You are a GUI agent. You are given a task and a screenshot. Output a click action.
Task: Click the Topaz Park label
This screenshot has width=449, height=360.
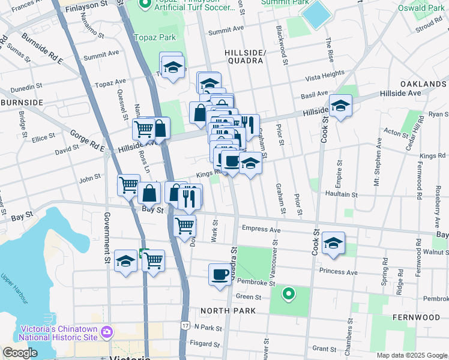click(x=155, y=37)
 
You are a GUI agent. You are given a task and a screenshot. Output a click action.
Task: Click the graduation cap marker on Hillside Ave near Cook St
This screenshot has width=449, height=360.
click(x=340, y=106)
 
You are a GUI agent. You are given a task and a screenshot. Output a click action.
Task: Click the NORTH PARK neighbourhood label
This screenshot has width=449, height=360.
click(x=228, y=311)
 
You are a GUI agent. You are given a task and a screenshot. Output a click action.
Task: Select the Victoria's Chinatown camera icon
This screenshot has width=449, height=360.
click(x=107, y=331)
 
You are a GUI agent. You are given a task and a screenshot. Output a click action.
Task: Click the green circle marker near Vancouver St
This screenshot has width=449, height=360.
click(x=289, y=293)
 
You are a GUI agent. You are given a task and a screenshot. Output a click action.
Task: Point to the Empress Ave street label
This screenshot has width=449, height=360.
click(x=261, y=229)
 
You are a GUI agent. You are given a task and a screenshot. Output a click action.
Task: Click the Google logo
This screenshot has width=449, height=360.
click(x=20, y=353)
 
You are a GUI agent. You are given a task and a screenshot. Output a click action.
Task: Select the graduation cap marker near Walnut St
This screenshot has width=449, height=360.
click(x=333, y=243)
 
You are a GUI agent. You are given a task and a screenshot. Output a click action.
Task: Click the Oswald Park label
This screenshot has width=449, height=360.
click(x=422, y=8)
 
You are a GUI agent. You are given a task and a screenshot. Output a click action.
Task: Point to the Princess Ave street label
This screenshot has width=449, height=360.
click(x=339, y=272)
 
